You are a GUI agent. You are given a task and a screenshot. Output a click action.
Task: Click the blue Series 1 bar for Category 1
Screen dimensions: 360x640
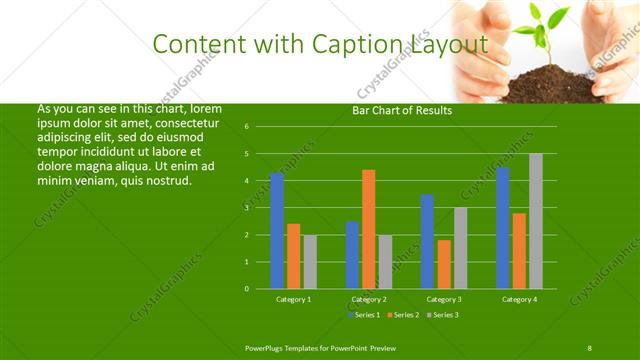pos(277,231)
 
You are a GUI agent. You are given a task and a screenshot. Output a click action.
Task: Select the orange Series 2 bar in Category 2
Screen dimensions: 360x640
pos(368,229)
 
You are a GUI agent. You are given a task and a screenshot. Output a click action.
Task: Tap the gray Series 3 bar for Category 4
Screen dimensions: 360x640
pos(536,221)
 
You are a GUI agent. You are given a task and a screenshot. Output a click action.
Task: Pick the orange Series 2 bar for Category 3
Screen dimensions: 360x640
pos(444,264)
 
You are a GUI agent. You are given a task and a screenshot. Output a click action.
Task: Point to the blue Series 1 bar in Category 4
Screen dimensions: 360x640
pos(503,228)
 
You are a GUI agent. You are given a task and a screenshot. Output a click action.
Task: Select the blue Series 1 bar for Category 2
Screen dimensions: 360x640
pos(352,255)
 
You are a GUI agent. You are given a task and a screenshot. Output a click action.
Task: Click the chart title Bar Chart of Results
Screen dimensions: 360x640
pos(401,111)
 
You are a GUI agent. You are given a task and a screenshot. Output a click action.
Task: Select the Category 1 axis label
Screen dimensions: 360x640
pos(293,299)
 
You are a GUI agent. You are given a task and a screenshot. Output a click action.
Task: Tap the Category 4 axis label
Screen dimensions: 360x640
pos(519,299)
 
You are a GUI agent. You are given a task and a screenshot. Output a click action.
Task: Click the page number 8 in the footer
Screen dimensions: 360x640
pos(590,347)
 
